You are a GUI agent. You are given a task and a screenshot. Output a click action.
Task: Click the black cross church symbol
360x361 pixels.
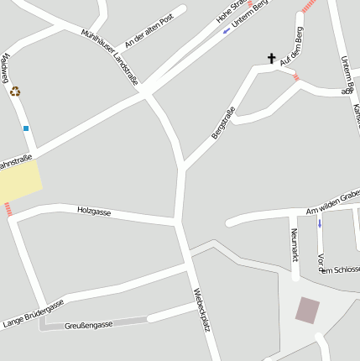point(271,59)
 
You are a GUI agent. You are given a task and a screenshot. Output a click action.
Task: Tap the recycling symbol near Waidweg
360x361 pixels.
point(15,91)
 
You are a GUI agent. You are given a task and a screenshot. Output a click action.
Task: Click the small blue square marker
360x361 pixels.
point(26,128)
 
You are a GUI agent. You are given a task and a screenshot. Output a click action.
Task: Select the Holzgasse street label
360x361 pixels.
point(94,212)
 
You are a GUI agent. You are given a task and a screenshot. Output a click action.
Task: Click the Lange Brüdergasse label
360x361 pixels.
point(33,311)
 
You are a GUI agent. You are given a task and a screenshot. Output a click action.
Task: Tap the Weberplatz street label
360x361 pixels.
point(199,310)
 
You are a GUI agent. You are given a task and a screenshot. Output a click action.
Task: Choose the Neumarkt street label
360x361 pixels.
point(294,244)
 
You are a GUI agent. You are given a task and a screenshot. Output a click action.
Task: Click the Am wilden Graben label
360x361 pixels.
point(333,202)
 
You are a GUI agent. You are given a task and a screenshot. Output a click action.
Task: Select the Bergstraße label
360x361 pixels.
point(222,123)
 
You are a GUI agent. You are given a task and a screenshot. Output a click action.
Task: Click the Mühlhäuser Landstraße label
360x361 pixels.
point(110,56)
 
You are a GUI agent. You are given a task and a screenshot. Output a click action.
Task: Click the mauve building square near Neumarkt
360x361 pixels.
point(308,311)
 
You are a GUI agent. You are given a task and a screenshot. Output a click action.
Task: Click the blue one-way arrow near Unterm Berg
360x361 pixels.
point(226,31)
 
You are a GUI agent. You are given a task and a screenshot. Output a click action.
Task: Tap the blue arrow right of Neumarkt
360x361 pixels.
point(319,223)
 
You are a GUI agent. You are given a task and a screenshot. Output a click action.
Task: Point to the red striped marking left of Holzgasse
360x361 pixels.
point(8,209)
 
